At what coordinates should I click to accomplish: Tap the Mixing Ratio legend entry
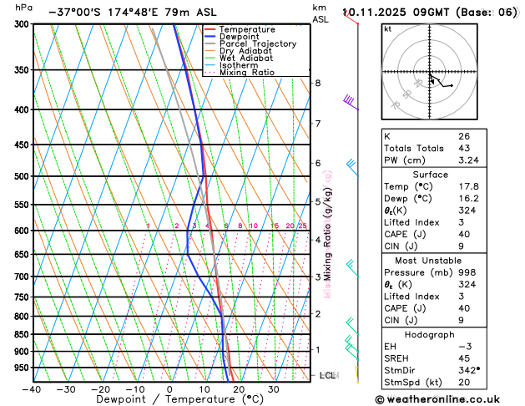[x=245, y=72]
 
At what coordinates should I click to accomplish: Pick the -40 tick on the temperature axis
[x=32, y=388]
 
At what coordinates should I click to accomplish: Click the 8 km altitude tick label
[x=317, y=83]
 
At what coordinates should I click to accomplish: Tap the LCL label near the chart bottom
[x=327, y=375]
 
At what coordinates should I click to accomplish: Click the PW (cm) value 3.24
[x=468, y=160]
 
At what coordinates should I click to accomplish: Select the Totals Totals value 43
[x=463, y=148]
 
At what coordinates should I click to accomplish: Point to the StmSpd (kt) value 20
[x=463, y=382]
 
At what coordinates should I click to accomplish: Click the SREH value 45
[x=463, y=358]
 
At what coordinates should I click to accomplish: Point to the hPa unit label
[x=24, y=8]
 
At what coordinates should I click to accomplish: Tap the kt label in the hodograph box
[x=387, y=29]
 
